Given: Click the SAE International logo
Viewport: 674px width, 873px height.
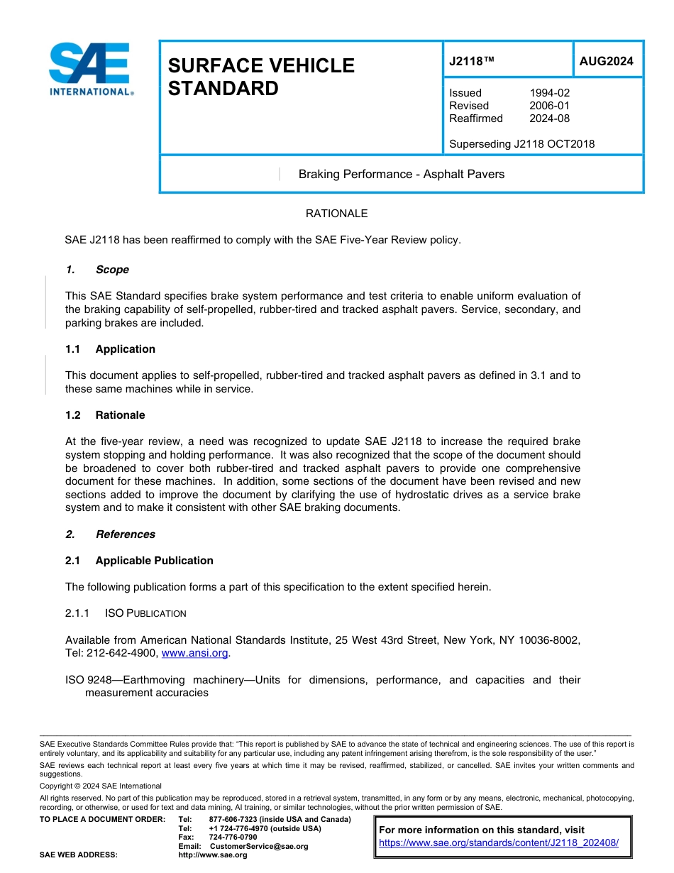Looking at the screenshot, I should (x=91, y=70).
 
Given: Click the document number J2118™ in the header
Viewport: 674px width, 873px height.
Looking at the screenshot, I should (x=471, y=62).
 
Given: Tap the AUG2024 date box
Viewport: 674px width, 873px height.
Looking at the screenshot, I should (x=607, y=62).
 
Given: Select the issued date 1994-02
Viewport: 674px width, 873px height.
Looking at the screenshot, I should (x=549, y=93).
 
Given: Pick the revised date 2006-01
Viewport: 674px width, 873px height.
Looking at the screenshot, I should (x=549, y=106).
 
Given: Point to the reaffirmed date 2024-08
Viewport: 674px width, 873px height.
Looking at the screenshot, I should (x=549, y=119).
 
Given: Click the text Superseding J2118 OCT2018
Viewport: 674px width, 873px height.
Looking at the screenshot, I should (x=521, y=144).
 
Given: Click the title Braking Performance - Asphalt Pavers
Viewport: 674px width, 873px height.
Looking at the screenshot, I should (x=401, y=175).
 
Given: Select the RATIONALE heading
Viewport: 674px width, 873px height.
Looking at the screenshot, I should (x=336, y=214).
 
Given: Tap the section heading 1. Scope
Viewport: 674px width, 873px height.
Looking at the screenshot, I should (x=97, y=270).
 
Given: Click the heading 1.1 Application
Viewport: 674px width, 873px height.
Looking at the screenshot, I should (x=110, y=349).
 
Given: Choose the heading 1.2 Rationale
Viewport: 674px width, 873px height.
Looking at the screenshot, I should (x=105, y=415).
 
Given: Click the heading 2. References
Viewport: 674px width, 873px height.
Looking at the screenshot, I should (x=110, y=534).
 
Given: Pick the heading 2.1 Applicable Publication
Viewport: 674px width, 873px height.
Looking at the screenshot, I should (x=139, y=561).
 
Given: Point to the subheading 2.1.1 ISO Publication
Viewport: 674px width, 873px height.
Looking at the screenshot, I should (x=126, y=613).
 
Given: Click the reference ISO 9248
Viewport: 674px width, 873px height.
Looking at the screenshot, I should (x=84, y=680).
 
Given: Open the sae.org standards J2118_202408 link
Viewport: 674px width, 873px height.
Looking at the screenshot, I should (x=499, y=842).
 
